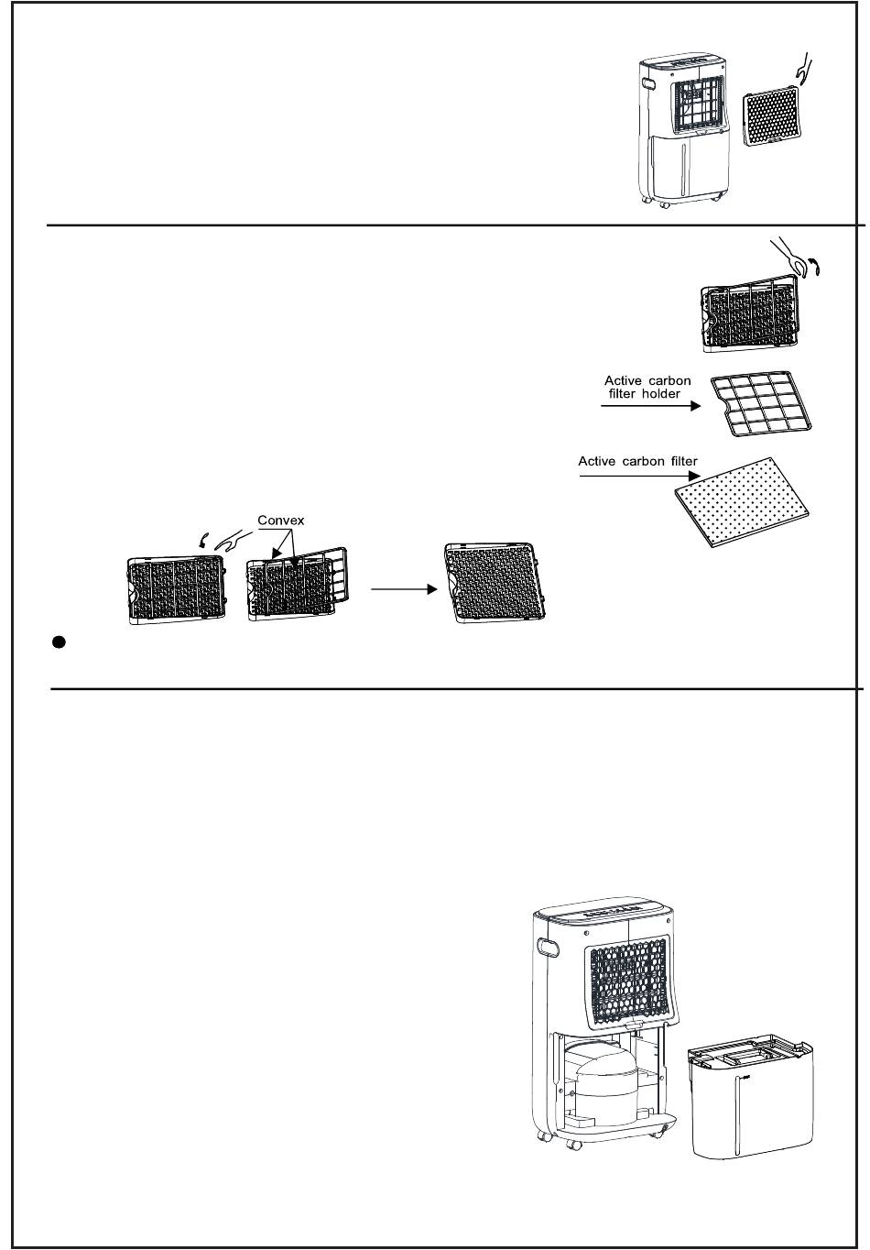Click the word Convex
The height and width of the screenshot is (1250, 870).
[280, 521]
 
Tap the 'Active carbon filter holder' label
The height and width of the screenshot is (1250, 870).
[647, 387]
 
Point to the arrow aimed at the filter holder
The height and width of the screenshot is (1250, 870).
[650, 405]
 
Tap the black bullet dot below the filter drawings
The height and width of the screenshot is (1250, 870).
[58, 642]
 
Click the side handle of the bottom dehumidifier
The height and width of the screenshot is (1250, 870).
[549, 946]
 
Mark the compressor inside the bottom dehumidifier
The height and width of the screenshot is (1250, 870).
[599, 1083]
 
